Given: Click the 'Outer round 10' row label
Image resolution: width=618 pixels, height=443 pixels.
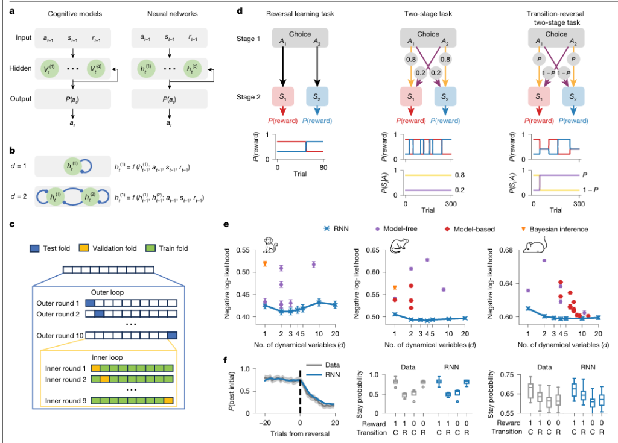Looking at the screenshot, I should pos(59,335).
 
